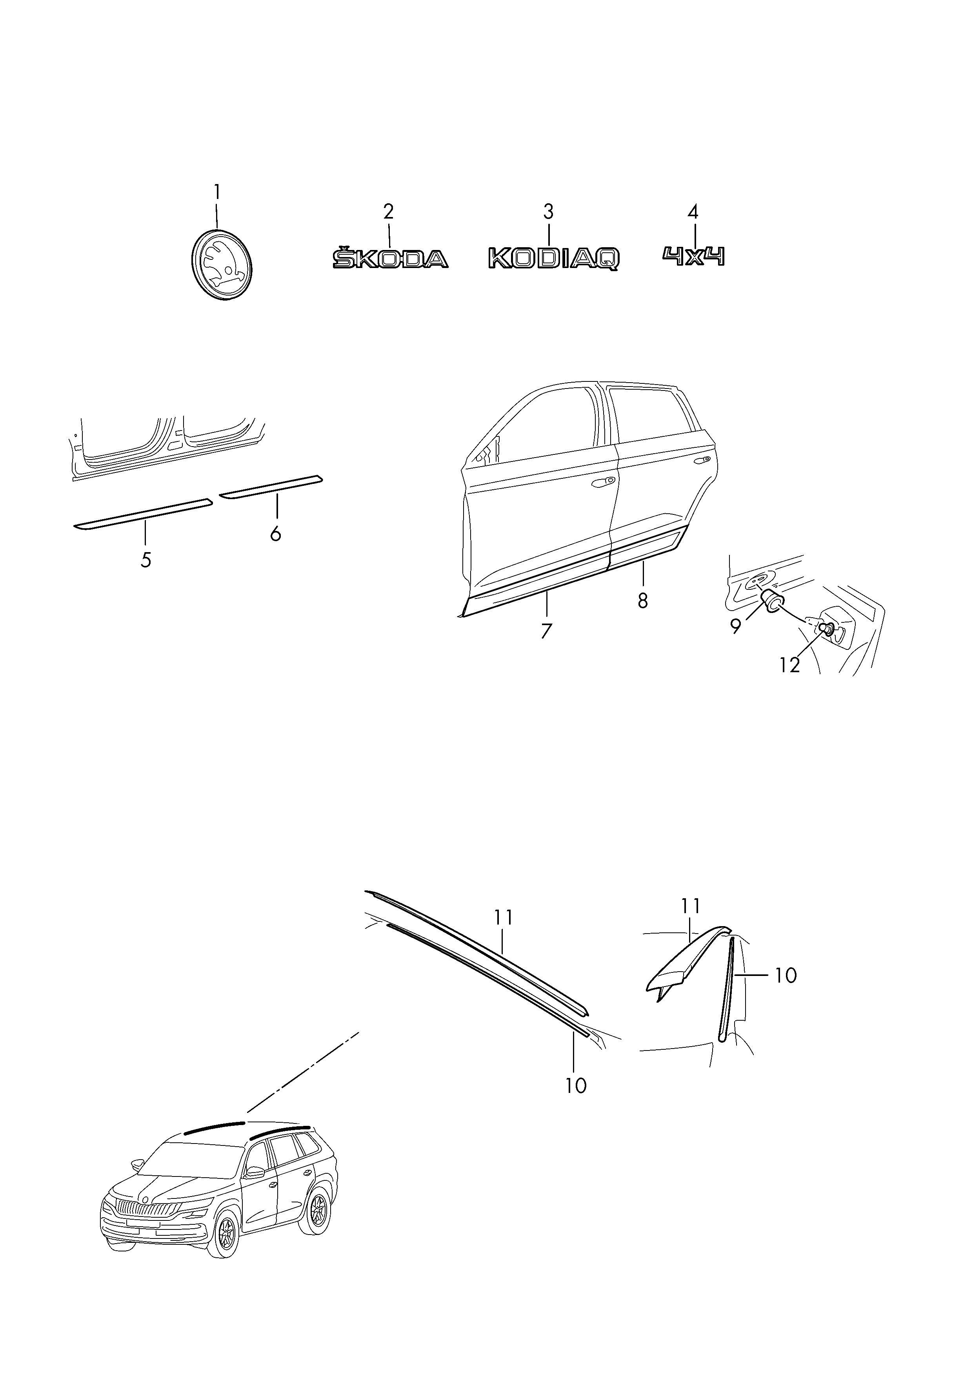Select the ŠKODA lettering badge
390,258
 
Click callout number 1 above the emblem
217,192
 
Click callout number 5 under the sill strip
145,560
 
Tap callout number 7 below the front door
546,631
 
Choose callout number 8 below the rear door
643,600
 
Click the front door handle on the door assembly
601,482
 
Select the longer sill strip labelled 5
143,514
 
